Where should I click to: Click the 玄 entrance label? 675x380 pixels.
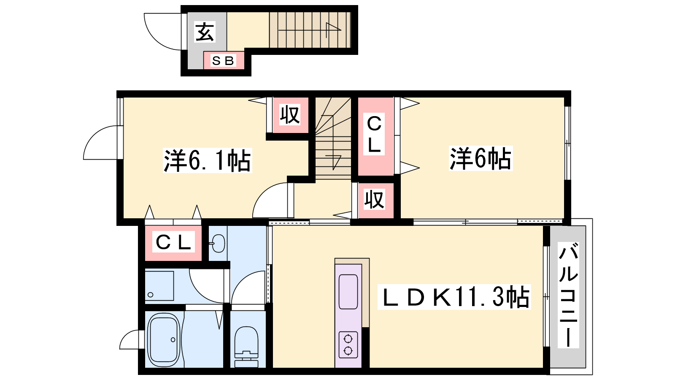[x=205, y=32]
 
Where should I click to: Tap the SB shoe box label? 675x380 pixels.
[x=223, y=61]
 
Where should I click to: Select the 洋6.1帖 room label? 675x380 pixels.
[x=207, y=160]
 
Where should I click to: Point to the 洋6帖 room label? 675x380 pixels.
[x=481, y=158]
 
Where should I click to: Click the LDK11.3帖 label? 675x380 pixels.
[x=454, y=297]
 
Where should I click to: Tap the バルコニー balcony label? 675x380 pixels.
[x=568, y=295]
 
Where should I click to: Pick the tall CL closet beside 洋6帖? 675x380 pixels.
[x=375, y=136]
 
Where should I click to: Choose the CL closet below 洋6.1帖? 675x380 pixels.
[x=173, y=243]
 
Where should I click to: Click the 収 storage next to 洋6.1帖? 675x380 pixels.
[x=290, y=115]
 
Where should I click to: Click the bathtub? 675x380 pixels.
[x=165, y=339]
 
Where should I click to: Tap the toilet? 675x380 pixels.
[x=246, y=347]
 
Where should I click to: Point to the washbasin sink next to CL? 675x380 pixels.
[x=218, y=243]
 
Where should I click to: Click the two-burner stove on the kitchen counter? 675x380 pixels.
[x=348, y=345]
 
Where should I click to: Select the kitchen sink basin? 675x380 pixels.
[x=348, y=292]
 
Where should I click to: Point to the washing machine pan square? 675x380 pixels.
[x=159, y=286]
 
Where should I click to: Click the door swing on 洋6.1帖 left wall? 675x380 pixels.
[x=100, y=142]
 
